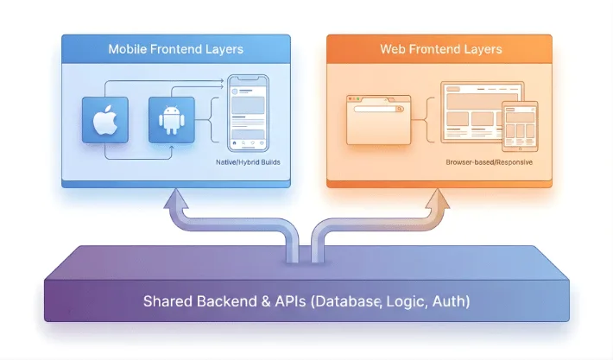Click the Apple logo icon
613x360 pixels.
click(x=104, y=120)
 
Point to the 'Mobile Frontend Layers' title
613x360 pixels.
click(x=176, y=49)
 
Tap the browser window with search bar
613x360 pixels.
click(x=375, y=119)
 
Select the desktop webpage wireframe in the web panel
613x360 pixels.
click(x=471, y=111)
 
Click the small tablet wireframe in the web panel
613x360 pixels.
click(x=520, y=124)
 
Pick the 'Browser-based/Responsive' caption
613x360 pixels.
click(x=489, y=162)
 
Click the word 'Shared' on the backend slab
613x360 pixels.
click(x=166, y=301)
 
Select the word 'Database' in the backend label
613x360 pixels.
click(x=347, y=301)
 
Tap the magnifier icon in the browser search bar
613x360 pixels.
click(x=401, y=110)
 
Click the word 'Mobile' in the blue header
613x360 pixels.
click(x=128, y=49)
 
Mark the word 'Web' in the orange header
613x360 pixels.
click(x=393, y=49)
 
